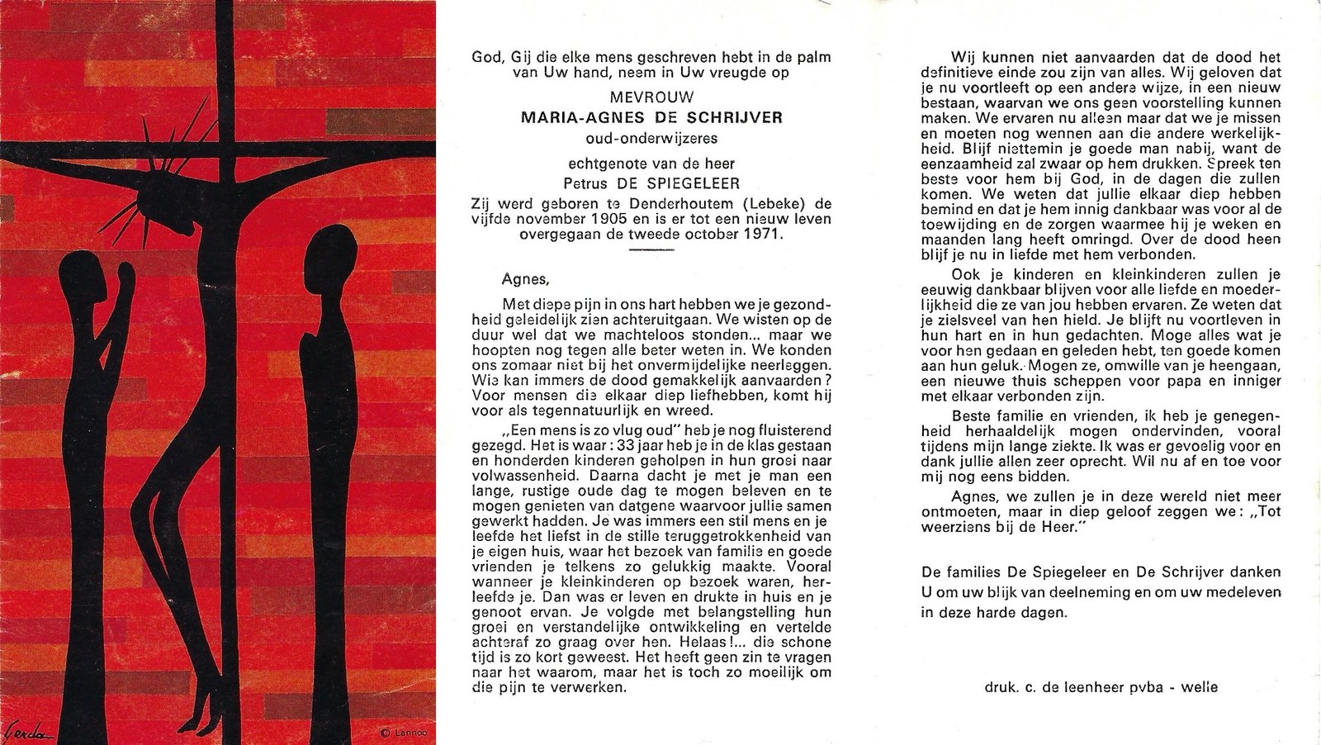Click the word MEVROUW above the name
651,97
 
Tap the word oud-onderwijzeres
651,138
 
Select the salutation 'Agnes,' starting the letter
524,279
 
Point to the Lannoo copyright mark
401,732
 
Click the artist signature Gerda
28,731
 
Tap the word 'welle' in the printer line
1200,687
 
